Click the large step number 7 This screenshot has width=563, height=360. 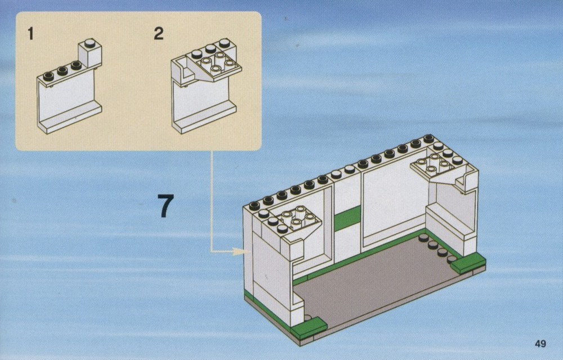click(x=166, y=206)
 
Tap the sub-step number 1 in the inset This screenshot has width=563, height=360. click(x=30, y=34)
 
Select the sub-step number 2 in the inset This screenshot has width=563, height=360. click(x=158, y=33)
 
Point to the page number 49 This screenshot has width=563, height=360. click(x=540, y=344)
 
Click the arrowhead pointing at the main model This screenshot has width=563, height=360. click(x=238, y=251)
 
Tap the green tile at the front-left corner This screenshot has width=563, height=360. click(x=309, y=327)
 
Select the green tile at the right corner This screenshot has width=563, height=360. click(x=468, y=263)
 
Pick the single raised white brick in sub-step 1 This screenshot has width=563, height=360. click(x=90, y=54)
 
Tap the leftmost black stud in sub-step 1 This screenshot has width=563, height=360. click(x=48, y=76)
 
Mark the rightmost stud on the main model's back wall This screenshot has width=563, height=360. click(x=428, y=139)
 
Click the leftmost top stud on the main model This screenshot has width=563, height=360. click(x=254, y=206)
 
